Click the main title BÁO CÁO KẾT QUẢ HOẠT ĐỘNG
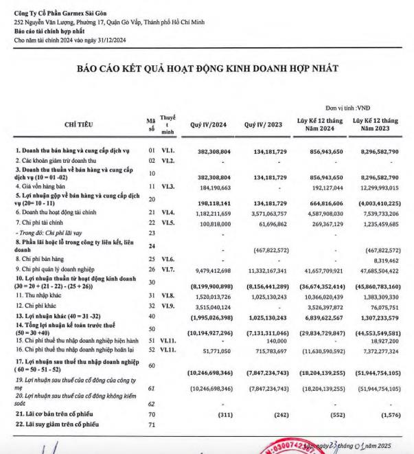(207, 68)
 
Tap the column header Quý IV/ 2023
(264, 124)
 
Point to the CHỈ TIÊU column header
(80, 124)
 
